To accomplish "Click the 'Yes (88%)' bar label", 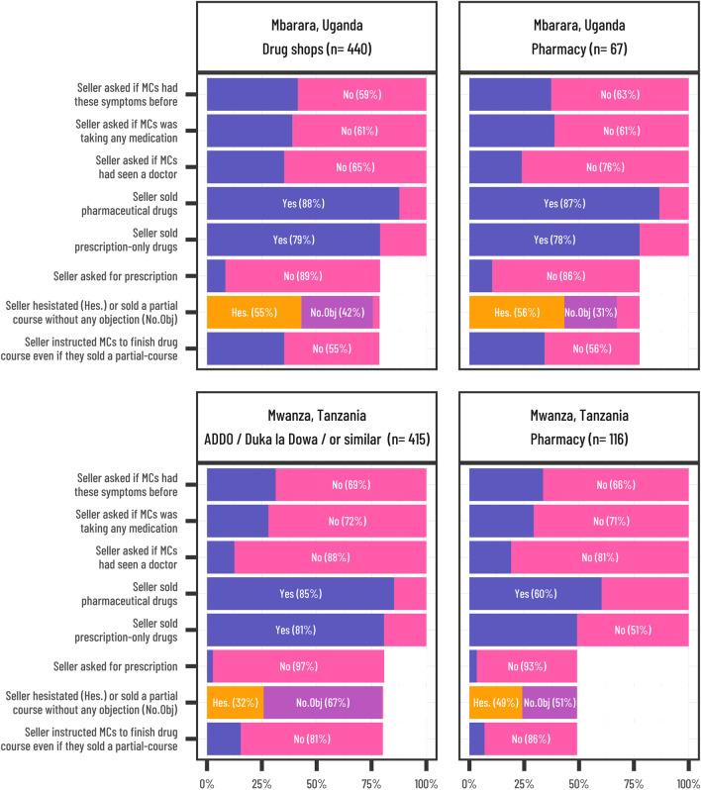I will coord(302,203).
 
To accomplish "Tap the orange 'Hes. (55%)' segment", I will coord(253,312).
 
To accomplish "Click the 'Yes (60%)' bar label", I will coord(535,593).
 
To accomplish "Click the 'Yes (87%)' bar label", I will coord(563,203).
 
